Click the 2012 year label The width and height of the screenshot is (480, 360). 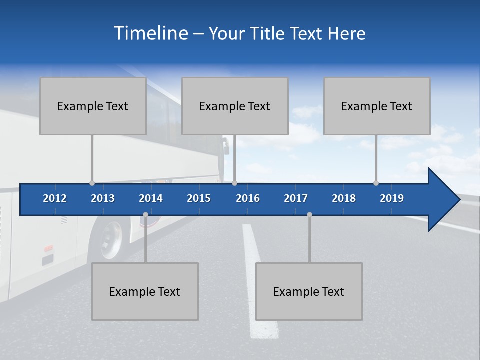pyautogui.click(x=55, y=198)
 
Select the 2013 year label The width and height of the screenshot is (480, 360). pyautogui.click(x=103, y=198)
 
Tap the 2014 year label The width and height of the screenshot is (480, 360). pyautogui.click(x=151, y=198)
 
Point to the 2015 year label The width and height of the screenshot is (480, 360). pyautogui.click(x=199, y=198)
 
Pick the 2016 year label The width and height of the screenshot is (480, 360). pyautogui.click(x=248, y=198)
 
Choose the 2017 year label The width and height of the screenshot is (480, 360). pyautogui.click(x=296, y=198)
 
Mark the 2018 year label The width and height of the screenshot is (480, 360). pyautogui.click(x=344, y=198)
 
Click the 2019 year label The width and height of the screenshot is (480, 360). pyautogui.click(x=392, y=198)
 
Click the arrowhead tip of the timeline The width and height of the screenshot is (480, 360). pyautogui.click(x=459, y=200)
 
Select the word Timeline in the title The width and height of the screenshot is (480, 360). pyautogui.click(x=150, y=33)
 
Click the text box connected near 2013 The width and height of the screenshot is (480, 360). pyautogui.click(x=93, y=106)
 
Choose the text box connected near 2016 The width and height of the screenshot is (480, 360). pyautogui.click(x=235, y=106)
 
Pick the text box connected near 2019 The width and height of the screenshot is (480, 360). pyautogui.click(x=377, y=106)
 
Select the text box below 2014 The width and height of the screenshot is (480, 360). pyautogui.click(x=145, y=292)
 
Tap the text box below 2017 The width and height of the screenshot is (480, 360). pyautogui.click(x=309, y=292)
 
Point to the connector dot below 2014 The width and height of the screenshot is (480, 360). pyautogui.click(x=145, y=214)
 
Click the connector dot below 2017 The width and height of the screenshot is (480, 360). pyautogui.click(x=309, y=214)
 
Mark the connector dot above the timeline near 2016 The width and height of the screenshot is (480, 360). pyautogui.click(x=234, y=183)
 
